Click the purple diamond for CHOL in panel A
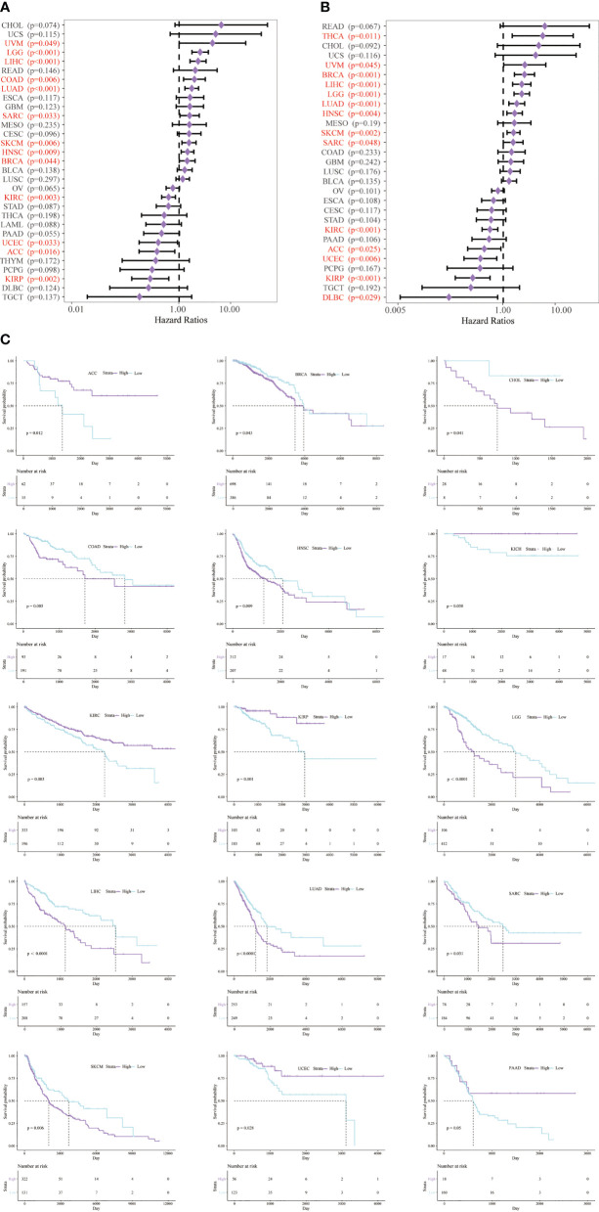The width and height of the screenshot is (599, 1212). (x=221, y=24)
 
